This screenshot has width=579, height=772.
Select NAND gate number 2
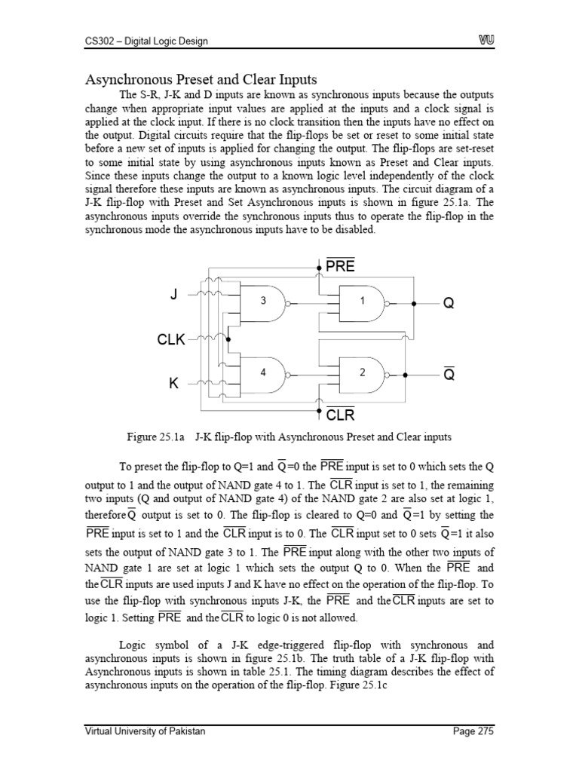click(362, 373)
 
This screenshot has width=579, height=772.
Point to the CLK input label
click(170, 340)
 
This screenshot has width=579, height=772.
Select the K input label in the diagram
click(174, 384)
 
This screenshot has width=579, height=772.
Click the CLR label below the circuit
click(340, 415)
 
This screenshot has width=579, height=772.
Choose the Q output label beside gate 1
click(449, 303)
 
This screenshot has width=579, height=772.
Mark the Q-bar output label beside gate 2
click(449, 375)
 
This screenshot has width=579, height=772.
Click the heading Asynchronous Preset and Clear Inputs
click(200, 79)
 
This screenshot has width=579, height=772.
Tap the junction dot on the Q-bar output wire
click(405, 375)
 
